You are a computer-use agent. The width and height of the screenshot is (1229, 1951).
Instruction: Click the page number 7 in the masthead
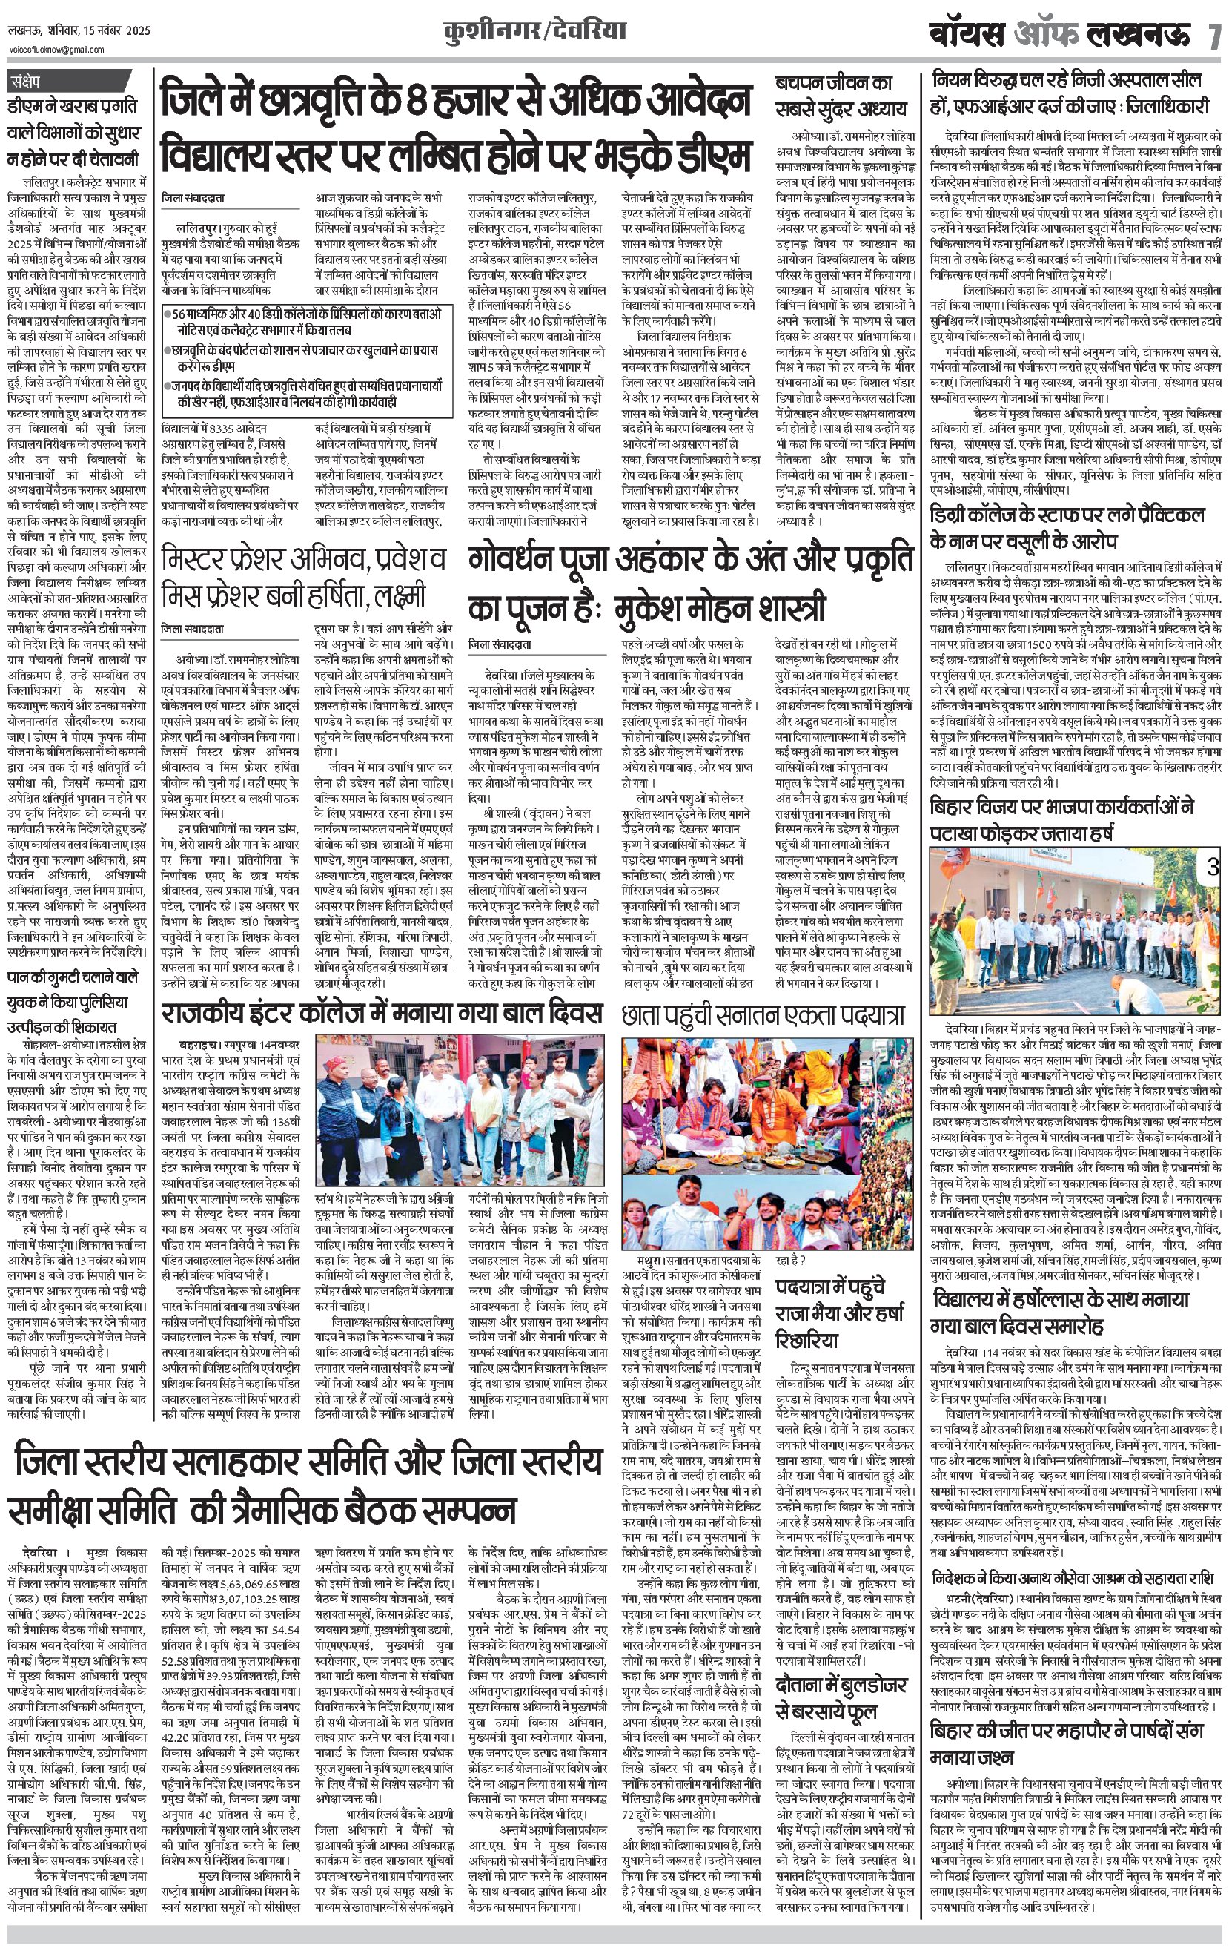[1213, 37]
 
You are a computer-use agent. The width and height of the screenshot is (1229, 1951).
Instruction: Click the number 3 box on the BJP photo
[1212, 868]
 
